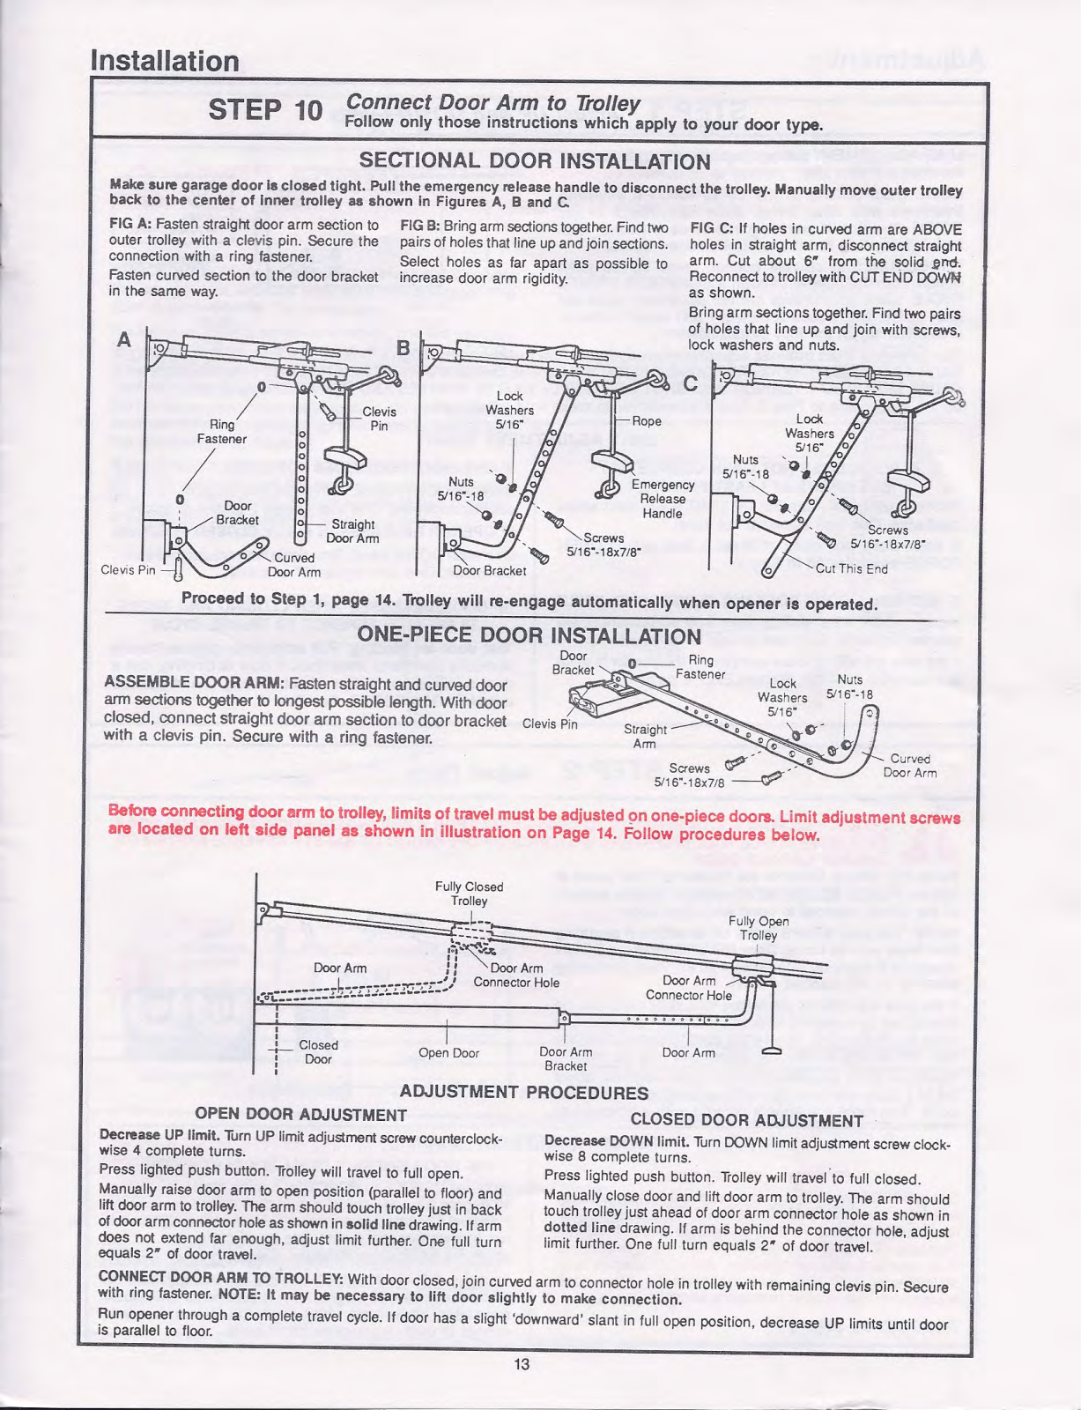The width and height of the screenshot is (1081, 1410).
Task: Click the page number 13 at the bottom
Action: [521, 1364]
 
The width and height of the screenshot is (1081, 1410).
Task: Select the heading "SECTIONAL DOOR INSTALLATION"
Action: [535, 161]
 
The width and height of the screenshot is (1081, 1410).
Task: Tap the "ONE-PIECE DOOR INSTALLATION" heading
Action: [529, 635]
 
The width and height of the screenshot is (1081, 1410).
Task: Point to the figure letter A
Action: [123, 339]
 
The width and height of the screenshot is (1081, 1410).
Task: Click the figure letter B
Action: [403, 348]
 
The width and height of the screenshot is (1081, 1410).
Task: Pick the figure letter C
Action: [690, 383]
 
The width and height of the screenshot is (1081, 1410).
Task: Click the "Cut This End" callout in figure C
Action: [851, 568]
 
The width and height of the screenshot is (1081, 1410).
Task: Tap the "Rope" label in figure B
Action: [647, 421]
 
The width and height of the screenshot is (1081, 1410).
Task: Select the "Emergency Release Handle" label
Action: [663, 499]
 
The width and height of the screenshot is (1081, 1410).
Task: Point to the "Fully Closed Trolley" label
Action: [469, 894]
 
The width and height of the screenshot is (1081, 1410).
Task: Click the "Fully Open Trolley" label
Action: [759, 928]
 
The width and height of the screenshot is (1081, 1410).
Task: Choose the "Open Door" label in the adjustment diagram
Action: [448, 1053]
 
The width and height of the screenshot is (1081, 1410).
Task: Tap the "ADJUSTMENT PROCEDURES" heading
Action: [523, 1092]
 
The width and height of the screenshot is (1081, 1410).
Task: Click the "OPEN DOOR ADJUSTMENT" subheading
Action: [300, 1115]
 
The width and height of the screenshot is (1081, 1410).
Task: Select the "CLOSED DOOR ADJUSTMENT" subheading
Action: [746, 1121]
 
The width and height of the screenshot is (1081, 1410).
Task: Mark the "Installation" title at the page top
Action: [165, 61]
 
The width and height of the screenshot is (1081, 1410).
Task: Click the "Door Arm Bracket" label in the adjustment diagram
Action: [566, 1058]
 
